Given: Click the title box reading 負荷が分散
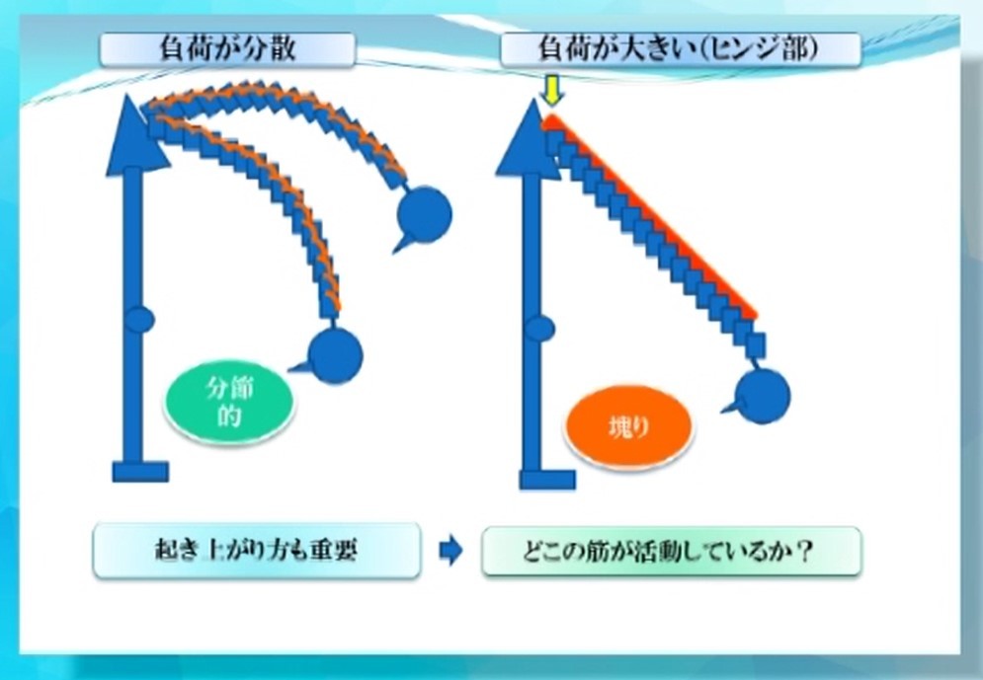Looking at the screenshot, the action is pyautogui.click(x=227, y=48).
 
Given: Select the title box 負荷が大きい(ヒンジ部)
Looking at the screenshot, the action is pyautogui.click(x=681, y=48).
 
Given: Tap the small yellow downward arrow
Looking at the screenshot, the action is pyautogui.click(x=551, y=93).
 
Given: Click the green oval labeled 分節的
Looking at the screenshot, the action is pyautogui.click(x=229, y=402).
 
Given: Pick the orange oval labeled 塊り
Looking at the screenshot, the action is pyautogui.click(x=628, y=427).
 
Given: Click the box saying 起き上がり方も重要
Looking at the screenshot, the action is pyautogui.click(x=257, y=551).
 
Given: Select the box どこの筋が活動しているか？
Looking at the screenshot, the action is pyautogui.click(x=672, y=551).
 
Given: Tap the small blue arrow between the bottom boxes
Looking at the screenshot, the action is pyautogui.click(x=451, y=551).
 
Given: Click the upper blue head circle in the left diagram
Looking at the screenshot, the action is pyautogui.click(x=425, y=214).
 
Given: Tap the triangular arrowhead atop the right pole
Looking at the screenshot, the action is pyautogui.click(x=528, y=139).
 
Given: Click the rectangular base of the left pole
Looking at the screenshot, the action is pyautogui.click(x=140, y=472).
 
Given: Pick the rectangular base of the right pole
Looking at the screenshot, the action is pyautogui.click(x=547, y=480).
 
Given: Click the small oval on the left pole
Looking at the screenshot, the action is pyautogui.click(x=139, y=320).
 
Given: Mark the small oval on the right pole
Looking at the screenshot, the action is pyautogui.click(x=539, y=329).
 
